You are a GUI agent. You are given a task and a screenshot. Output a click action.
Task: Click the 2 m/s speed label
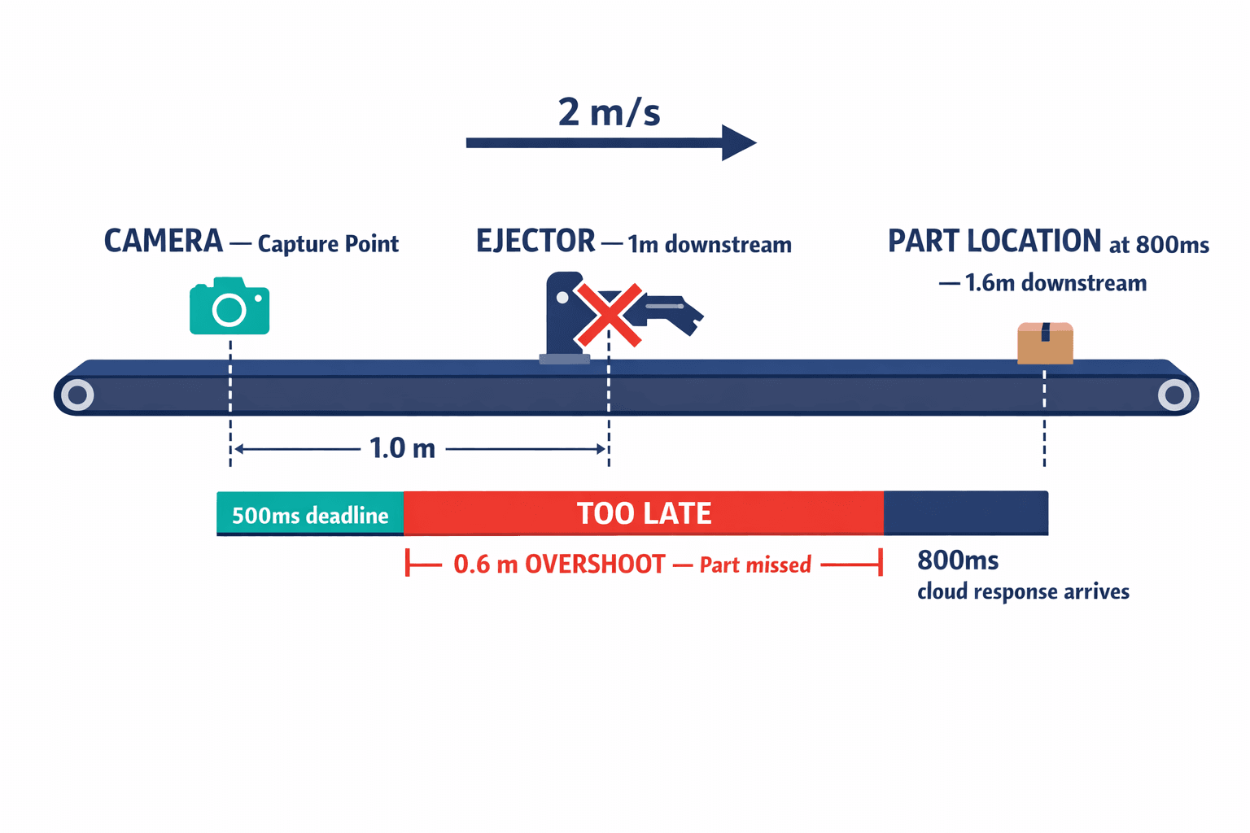pyautogui.click(x=609, y=112)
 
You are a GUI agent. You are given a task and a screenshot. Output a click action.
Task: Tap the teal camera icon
pyautogui.click(x=229, y=307)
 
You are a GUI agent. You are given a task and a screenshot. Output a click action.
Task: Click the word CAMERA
pyautogui.click(x=164, y=242)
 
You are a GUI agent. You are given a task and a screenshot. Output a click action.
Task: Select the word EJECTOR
pyautogui.click(x=535, y=242)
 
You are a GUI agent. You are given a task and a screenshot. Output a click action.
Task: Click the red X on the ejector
pyautogui.click(x=609, y=315)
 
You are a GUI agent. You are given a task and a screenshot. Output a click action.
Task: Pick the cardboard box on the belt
pyautogui.click(x=1045, y=343)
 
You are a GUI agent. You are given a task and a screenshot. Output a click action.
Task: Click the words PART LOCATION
pyautogui.click(x=994, y=242)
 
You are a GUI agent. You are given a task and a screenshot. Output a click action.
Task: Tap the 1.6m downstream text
pyautogui.click(x=1055, y=283)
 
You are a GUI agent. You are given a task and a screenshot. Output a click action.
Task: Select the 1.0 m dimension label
pyautogui.click(x=403, y=448)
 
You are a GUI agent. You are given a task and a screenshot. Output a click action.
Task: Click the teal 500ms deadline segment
pyautogui.click(x=310, y=514)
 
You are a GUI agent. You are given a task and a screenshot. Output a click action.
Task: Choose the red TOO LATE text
pyautogui.click(x=644, y=514)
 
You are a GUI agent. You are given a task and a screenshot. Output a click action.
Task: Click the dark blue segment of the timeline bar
pyautogui.click(x=966, y=512)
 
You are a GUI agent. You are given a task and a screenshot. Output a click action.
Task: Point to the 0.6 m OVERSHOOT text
pyautogui.click(x=559, y=565)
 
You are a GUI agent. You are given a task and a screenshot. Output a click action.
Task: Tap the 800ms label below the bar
pyautogui.click(x=958, y=560)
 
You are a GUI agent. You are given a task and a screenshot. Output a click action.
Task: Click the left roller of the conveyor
pyautogui.click(x=78, y=395)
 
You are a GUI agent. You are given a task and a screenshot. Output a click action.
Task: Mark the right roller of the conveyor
pyautogui.click(x=1174, y=395)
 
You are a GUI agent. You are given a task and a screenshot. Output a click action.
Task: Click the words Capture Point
pyautogui.click(x=328, y=244)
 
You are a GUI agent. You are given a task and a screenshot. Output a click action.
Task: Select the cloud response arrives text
pyautogui.click(x=1023, y=591)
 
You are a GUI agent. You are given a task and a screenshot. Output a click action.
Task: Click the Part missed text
pyautogui.click(x=755, y=565)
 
